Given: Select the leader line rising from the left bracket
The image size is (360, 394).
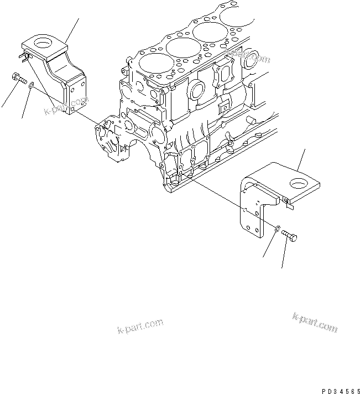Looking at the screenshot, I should click(72, 29).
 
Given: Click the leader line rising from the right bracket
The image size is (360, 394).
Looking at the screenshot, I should click(301, 158).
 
